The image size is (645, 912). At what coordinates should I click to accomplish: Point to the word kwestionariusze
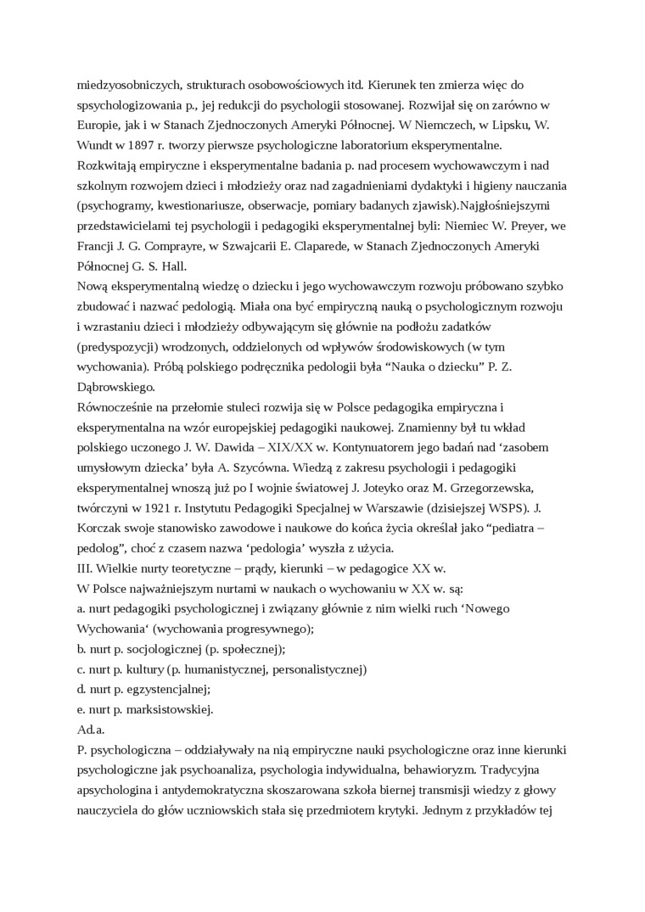197,205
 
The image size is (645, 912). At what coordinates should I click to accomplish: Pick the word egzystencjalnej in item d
163,690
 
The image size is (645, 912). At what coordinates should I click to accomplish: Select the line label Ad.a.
89,730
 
